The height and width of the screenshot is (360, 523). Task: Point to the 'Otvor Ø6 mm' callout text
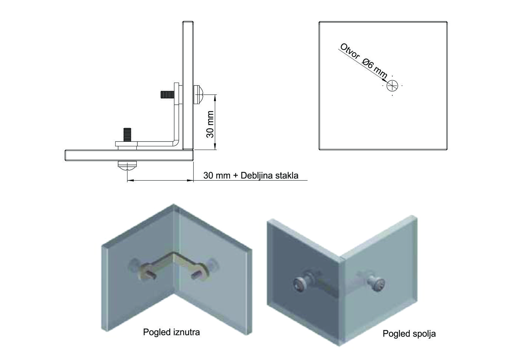click(x=363, y=61)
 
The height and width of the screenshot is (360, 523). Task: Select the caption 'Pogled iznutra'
click(x=171, y=332)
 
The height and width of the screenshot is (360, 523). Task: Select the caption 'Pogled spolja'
click(x=409, y=334)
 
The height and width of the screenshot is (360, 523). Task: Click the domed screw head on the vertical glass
click(x=198, y=94)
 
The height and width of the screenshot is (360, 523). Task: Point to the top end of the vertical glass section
click(x=188, y=24)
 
